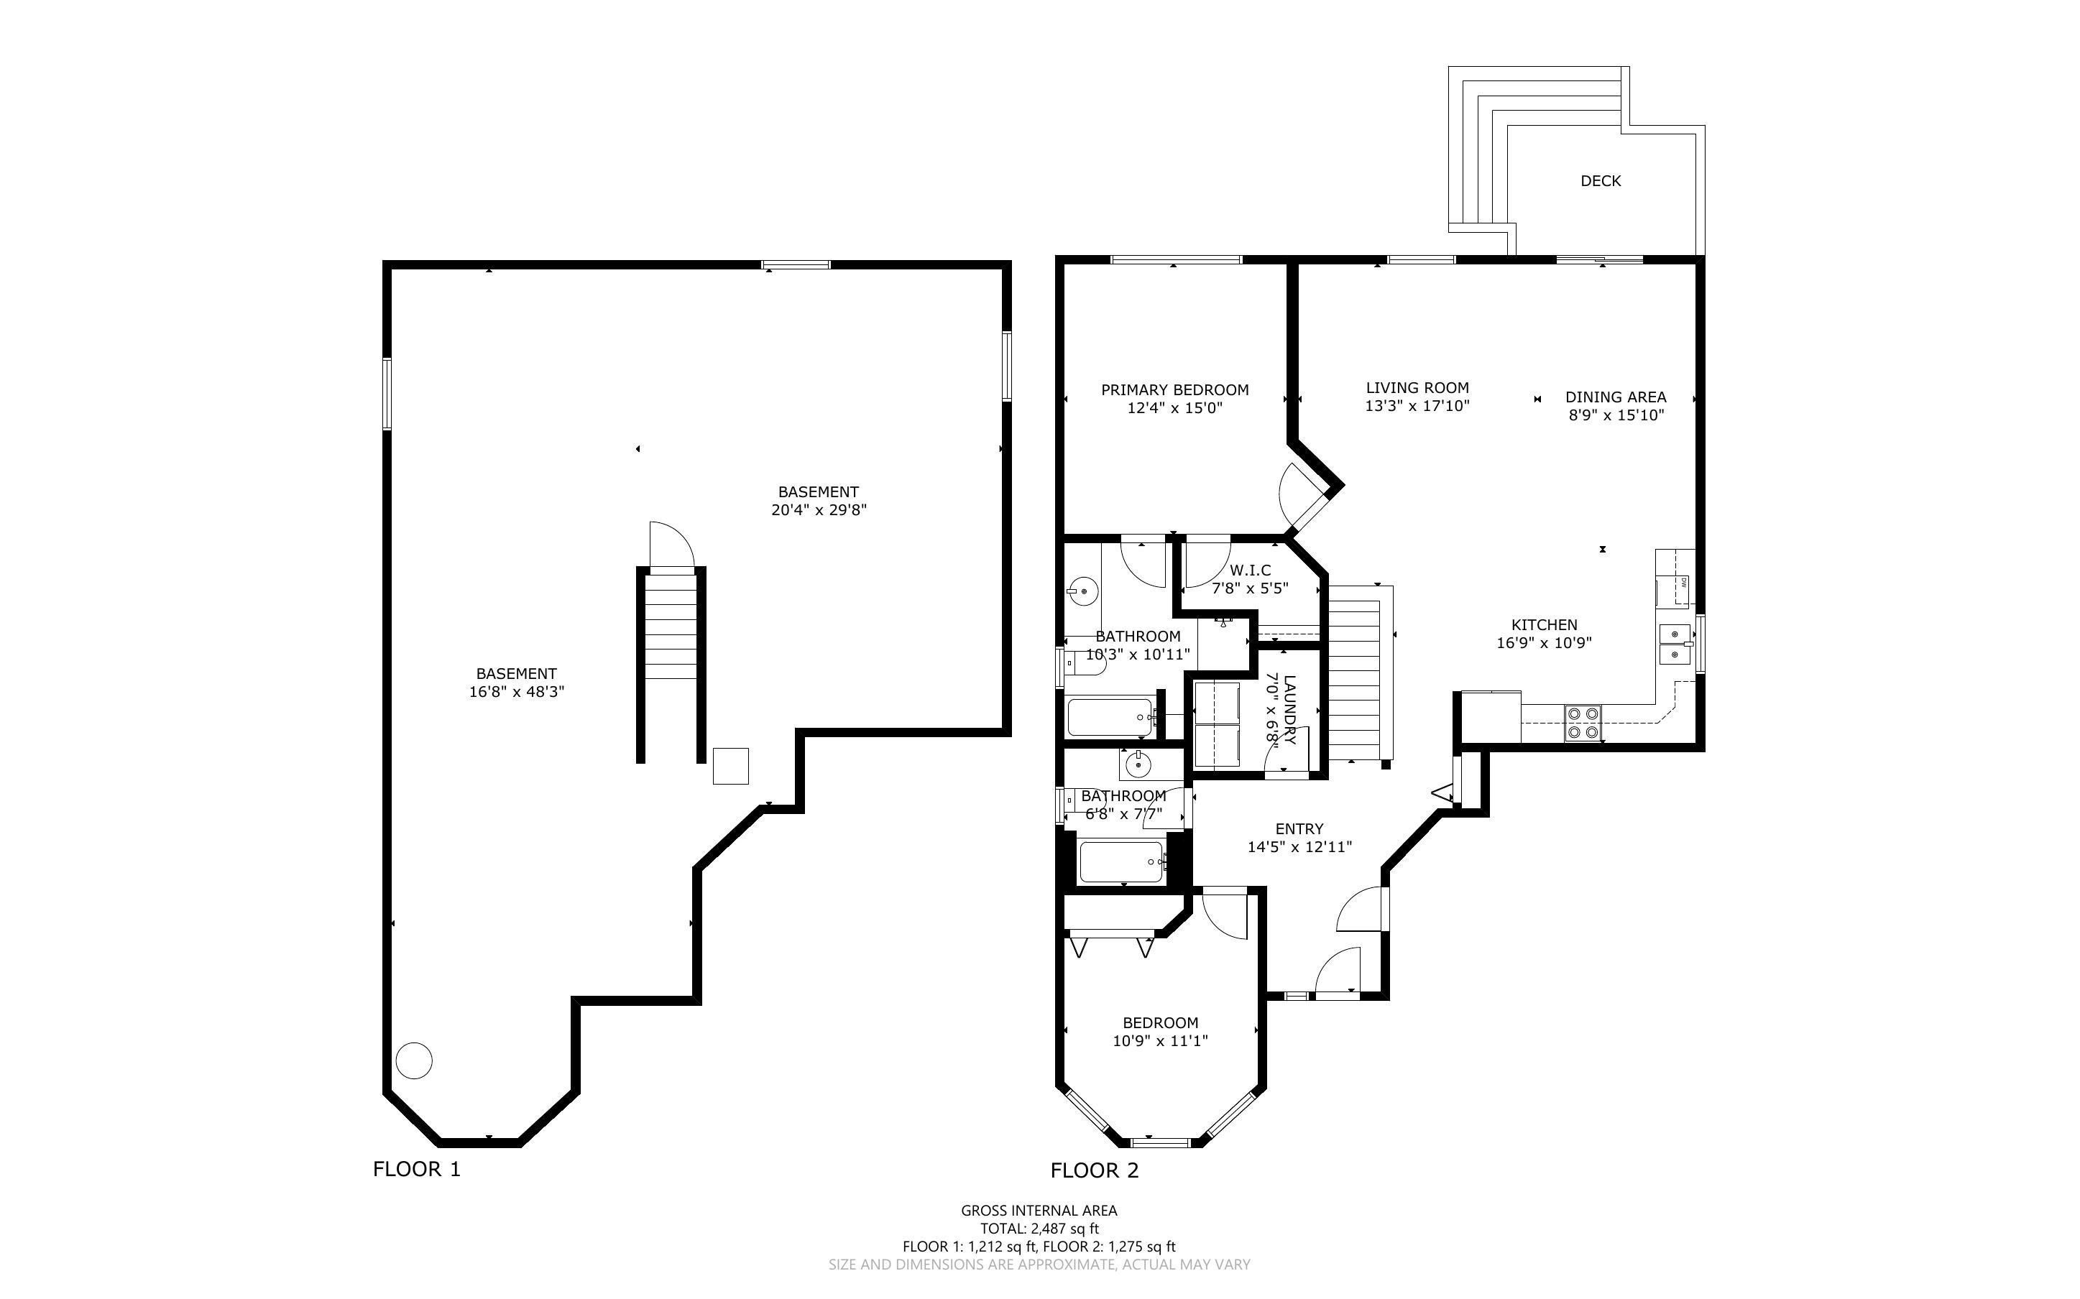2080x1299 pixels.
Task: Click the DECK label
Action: point(1601,181)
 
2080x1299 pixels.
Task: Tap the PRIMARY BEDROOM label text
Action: point(1174,390)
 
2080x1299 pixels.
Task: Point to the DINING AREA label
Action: point(1615,397)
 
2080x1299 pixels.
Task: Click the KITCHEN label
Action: point(1544,626)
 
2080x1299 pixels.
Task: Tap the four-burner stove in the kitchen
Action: point(1583,723)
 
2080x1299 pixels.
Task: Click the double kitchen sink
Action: point(1675,644)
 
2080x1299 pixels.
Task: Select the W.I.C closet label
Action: point(1250,570)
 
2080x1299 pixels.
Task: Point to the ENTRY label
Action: point(1299,829)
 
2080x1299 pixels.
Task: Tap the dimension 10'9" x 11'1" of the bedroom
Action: point(1160,1041)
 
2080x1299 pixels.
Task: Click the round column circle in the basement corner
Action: point(414,1060)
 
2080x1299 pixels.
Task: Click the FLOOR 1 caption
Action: point(417,1169)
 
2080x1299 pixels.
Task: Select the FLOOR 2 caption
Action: point(1095,1170)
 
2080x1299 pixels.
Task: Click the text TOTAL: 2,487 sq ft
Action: point(1039,1229)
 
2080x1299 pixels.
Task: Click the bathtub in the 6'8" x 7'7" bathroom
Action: point(1121,861)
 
